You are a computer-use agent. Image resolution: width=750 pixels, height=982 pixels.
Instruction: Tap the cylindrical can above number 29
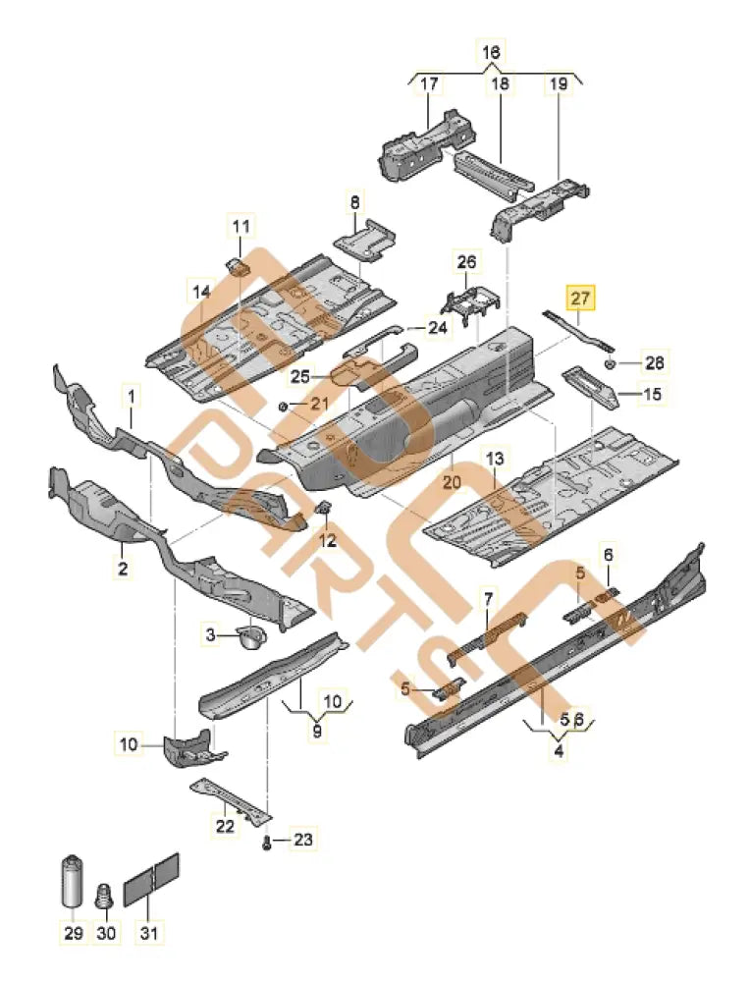click(x=73, y=880)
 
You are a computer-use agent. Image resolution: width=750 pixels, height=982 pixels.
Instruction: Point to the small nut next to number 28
click(x=610, y=362)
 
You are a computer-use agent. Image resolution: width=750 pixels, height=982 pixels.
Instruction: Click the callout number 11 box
click(x=241, y=227)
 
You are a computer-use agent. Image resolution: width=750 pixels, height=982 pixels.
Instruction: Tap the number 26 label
click(x=466, y=261)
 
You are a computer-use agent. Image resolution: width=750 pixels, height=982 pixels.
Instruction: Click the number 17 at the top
click(x=429, y=84)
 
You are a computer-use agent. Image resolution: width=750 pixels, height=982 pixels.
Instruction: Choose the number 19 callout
click(x=558, y=84)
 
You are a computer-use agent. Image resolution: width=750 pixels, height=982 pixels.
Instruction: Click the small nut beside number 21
click(x=283, y=406)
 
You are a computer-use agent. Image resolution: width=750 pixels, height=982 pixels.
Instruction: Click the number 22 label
click(x=226, y=826)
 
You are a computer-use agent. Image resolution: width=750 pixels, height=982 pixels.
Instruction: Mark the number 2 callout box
click(x=124, y=568)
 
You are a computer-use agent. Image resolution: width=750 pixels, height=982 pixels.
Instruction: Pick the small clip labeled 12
click(x=322, y=508)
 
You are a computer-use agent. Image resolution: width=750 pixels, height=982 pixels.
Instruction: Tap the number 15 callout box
click(x=652, y=395)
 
